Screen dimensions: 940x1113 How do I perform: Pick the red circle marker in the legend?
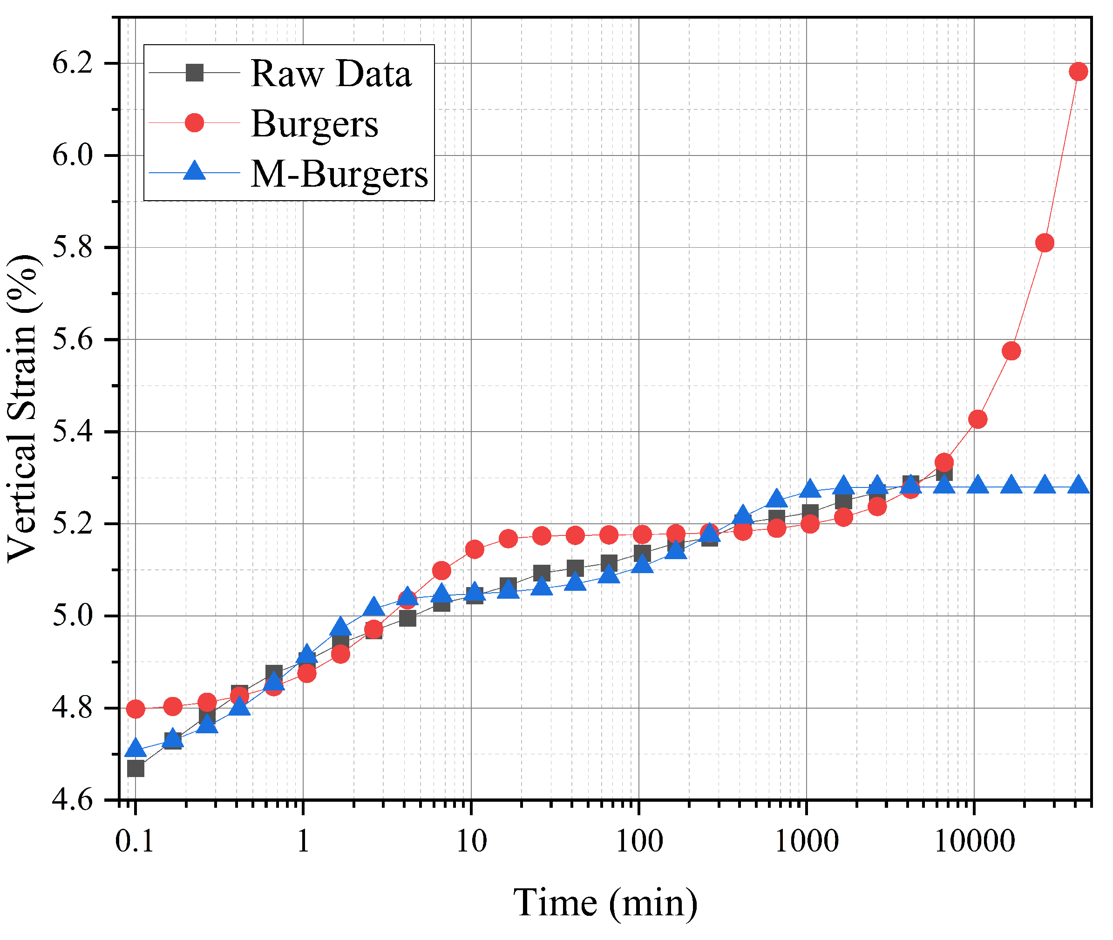pos(195,122)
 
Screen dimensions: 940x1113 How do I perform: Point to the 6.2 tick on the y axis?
pos(73,63)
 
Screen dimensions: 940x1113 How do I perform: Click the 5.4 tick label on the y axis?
pos(73,432)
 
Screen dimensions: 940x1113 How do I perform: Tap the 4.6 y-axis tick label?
pos(73,800)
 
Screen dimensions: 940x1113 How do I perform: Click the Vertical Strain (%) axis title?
pos(22,408)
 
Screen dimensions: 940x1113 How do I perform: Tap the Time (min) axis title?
pos(605,903)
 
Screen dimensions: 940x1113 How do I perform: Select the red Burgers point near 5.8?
pos(1045,243)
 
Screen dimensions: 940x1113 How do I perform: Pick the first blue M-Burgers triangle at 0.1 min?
pos(136,749)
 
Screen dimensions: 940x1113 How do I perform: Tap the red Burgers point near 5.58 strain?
pos(1011,351)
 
